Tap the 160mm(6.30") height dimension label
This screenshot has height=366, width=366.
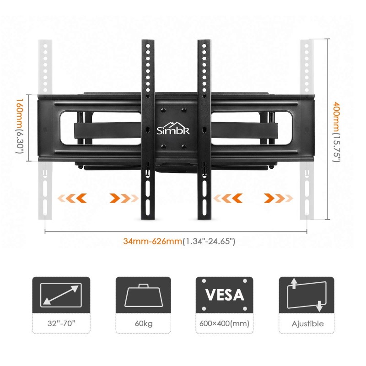(x=20, y=126)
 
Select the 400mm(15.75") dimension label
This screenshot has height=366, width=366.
(x=336, y=132)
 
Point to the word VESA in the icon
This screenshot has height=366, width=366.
(x=225, y=295)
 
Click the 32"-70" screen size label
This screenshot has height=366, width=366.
(x=61, y=323)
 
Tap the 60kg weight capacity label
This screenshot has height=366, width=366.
(x=144, y=323)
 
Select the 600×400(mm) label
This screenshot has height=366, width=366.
(x=224, y=323)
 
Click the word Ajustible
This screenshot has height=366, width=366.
(x=307, y=324)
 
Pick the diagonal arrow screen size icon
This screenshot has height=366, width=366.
(x=61, y=295)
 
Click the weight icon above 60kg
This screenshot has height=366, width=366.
(x=144, y=295)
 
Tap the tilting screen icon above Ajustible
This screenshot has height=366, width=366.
(x=307, y=295)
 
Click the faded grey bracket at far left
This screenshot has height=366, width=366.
(x=45, y=129)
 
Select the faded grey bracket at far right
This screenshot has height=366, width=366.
(x=307, y=129)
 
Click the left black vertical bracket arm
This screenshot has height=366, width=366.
(x=147, y=129)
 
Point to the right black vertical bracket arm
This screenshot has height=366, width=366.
(x=204, y=129)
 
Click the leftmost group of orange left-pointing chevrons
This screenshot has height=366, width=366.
(x=72, y=199)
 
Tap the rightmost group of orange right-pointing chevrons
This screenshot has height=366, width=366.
(x=278, y=199)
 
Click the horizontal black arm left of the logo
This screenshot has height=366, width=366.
(x=108, y=130)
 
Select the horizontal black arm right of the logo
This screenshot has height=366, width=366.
(x=244, y=130)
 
